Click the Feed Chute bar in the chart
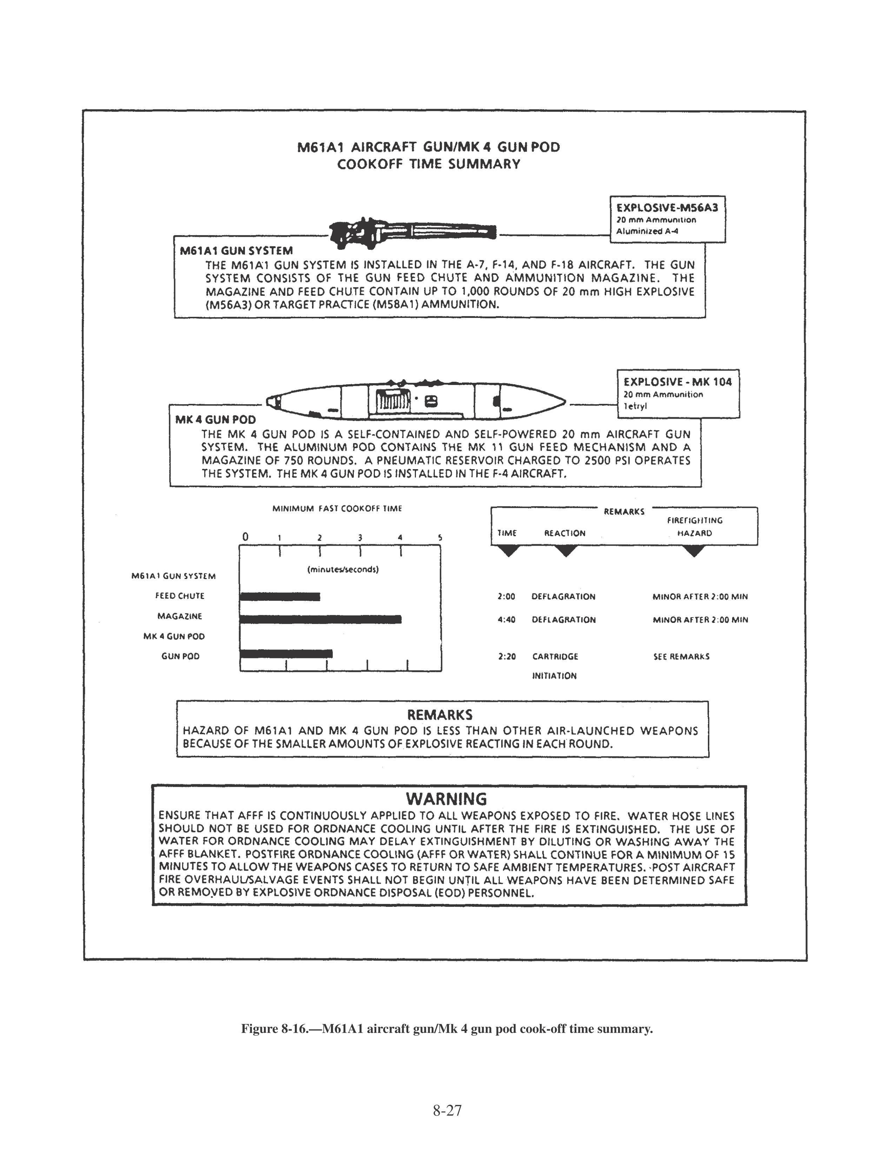(x=280, y=597)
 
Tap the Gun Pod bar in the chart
(x=286, y=653)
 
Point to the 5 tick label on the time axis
(x=440, y=538)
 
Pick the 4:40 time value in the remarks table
(x=506, y=619)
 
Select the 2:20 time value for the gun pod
(x=507, y=657)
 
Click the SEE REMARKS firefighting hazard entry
(x=681, y=657)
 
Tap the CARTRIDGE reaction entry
(x=555, y=657)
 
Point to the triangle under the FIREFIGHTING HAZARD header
(x=694, y=551)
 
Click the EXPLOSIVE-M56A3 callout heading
(x=667, y=207)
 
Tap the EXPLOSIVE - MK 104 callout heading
(x=678, y=382)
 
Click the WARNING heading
(x=446, y=799)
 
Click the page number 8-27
(x=447, y=1110)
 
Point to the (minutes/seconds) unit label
(x=343, y=570)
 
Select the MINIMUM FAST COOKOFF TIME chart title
(x=337, y=508)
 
